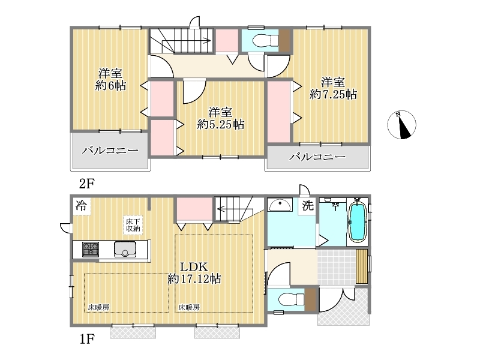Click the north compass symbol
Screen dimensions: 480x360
401,125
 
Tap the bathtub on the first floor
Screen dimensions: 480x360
358,221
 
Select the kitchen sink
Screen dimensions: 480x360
125,249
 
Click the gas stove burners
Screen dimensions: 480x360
91,249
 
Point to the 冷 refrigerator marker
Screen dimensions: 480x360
82,205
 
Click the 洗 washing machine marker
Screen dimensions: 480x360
308,205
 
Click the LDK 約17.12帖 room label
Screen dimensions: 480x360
194,273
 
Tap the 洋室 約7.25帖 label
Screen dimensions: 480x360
333,88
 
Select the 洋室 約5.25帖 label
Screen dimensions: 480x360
220,118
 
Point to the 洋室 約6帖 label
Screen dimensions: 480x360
110,80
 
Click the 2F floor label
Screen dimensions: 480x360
87,184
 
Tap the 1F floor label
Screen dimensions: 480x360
87,339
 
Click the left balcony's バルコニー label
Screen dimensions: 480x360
110,151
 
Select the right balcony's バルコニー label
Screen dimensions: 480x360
318,157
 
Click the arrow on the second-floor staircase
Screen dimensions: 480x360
186,40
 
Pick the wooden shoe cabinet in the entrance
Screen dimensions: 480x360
362,266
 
